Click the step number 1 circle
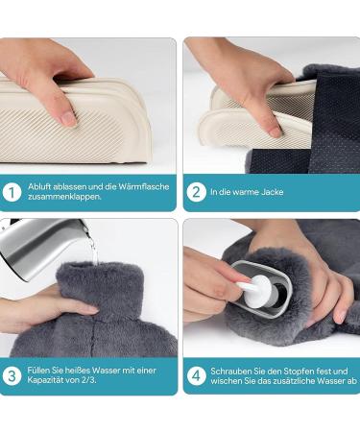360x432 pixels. (x=12, y=192)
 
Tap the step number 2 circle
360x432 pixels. (x=196, y=192)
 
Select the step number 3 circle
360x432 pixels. (x=12, y=376)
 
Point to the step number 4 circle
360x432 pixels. (x=196, y=376)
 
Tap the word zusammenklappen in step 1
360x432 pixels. (x=64, y=197)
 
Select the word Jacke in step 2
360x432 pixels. (x=273, y=192)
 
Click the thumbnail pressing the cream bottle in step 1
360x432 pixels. (x=68, y=118)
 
